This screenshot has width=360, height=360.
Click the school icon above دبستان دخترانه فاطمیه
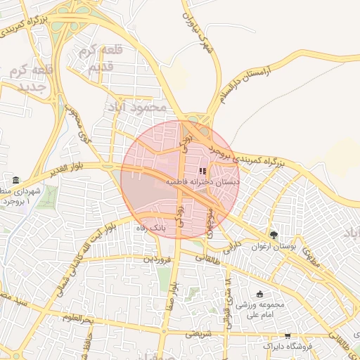[202, 170]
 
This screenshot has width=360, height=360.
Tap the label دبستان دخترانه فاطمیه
[202, 181]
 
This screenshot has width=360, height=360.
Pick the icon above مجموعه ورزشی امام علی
[260, 294]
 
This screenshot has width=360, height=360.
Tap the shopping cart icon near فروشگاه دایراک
[288, 336]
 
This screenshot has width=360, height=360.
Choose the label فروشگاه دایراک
[288, 347]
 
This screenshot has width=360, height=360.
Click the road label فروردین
[157, 259]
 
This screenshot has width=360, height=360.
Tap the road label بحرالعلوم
[77, 320]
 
